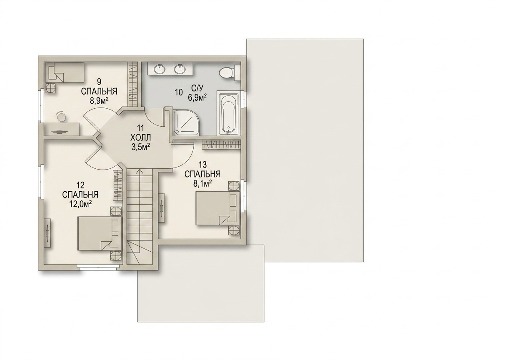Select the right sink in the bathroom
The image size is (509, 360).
pyautogui.click(x=180, y=69)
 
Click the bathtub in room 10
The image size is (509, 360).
pyautogui.click(x=228, y=113)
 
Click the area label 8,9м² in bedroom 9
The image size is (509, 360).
pyautogui.click(x=99, y=100)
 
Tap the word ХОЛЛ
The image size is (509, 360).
pyautogui.click(x=141, y=137)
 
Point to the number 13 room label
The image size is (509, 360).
pyautogui.click(x=202, y=164)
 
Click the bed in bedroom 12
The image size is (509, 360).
pyautogui.click(x=100, y=234)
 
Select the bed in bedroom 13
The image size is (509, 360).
pyautogui.click(x=218, y=208)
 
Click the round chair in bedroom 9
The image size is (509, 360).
pyautogui.click(x=61, y=116)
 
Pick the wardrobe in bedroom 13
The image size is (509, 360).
pyautogui.click(x=221, y=145)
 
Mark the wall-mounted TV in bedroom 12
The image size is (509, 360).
pyautogui.click(x=48, y=234)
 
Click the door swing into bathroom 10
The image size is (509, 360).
pyautogui.click(x=154, y=117)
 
